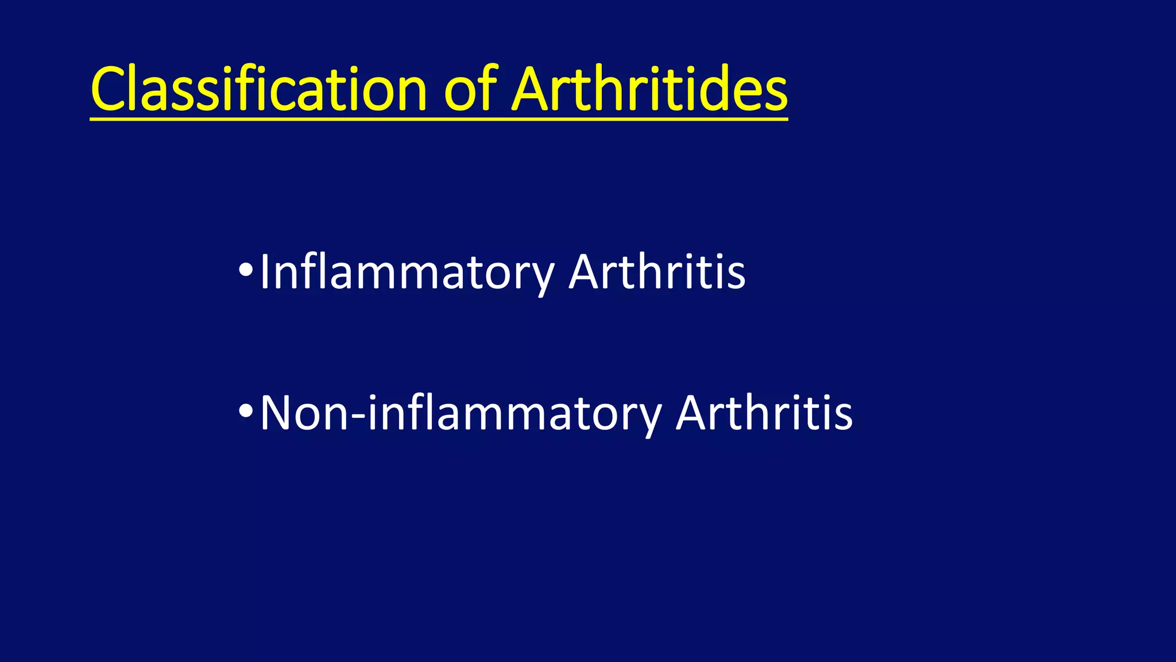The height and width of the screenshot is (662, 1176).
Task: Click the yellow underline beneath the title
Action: [x=439, y=119]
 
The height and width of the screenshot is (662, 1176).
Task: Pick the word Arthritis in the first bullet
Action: [x=657, y=272]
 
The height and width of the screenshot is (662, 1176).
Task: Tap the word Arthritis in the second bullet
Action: [x=764, y=413]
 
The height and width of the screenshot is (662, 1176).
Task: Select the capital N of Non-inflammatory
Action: [x=277, y=413]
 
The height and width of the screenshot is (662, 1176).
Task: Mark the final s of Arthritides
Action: [x=775, y=94]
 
